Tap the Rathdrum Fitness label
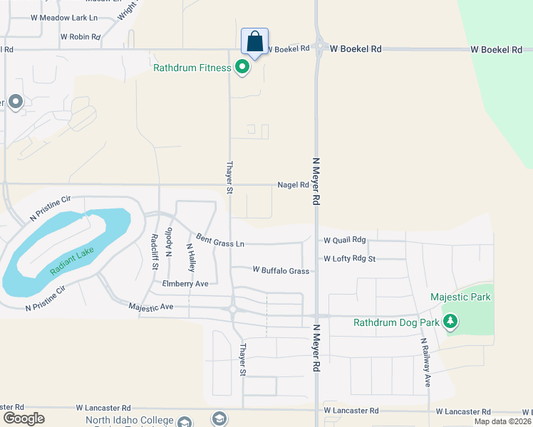192,68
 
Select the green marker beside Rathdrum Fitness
242,68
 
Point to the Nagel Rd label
293,185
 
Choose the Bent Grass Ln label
220,240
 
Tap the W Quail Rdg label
344,241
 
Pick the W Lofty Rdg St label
349,259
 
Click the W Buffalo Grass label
281,270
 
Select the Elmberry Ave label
185,283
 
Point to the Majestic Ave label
151,307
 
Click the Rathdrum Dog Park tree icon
450,322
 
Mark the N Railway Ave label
425,362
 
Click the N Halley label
190,257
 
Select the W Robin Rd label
80,36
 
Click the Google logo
24,418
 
